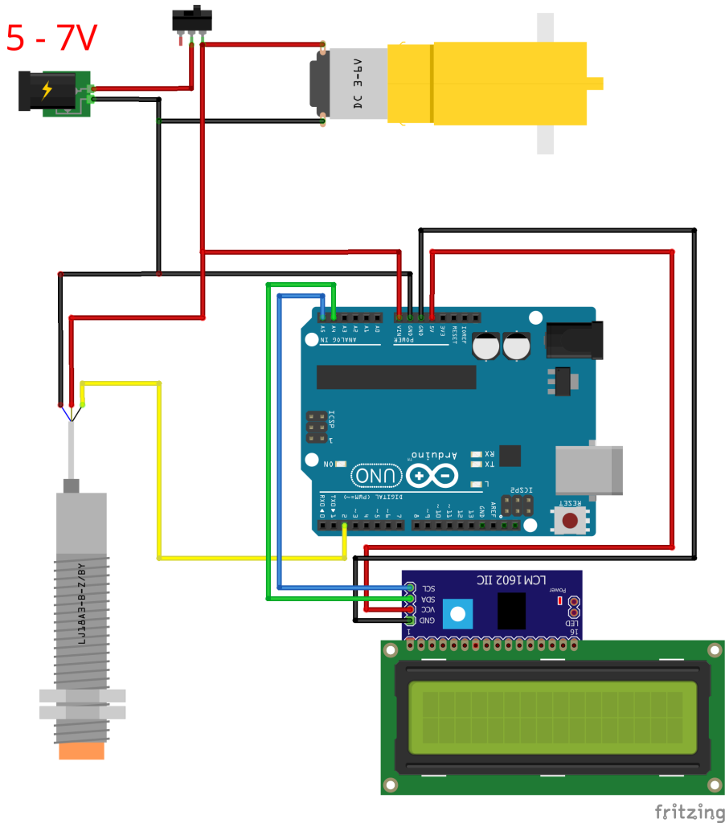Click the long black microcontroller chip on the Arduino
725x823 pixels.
pos(396,376)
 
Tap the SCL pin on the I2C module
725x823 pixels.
pos(410,588)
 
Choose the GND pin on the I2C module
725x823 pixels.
pos(410,620)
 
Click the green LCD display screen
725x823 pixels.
pos(551,713)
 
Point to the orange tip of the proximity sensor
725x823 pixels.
pos(81,751)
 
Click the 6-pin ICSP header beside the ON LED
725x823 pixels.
pos(317,428)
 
